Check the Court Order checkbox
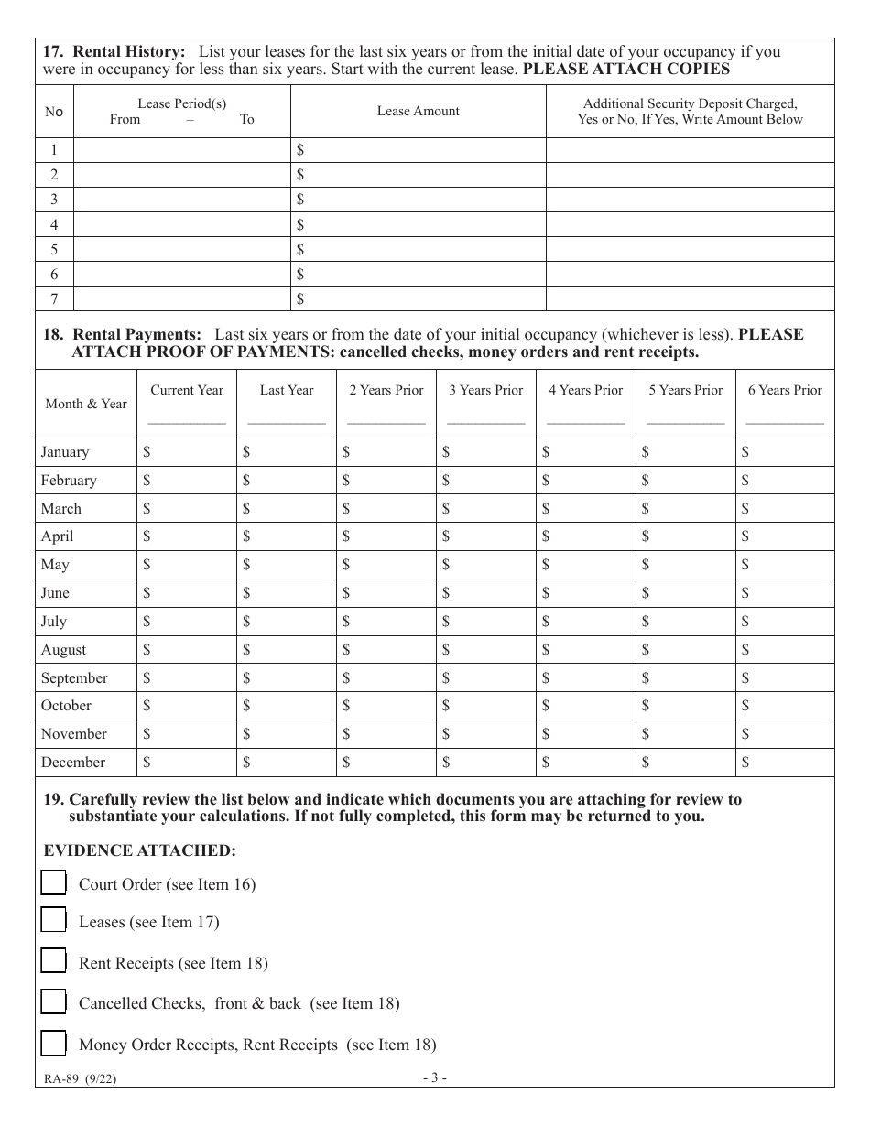54,882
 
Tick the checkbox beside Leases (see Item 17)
54,920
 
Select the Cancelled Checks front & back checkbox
54,1001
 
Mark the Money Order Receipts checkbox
54,1043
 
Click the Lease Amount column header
418,111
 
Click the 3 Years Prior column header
485,390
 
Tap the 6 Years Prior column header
785,390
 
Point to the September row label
74,677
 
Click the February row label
69,480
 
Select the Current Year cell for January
187,451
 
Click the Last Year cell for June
287,592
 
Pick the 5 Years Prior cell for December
686,762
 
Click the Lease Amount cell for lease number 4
418,224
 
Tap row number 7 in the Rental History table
54,298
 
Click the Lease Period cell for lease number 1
181,149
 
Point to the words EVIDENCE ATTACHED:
140,850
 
